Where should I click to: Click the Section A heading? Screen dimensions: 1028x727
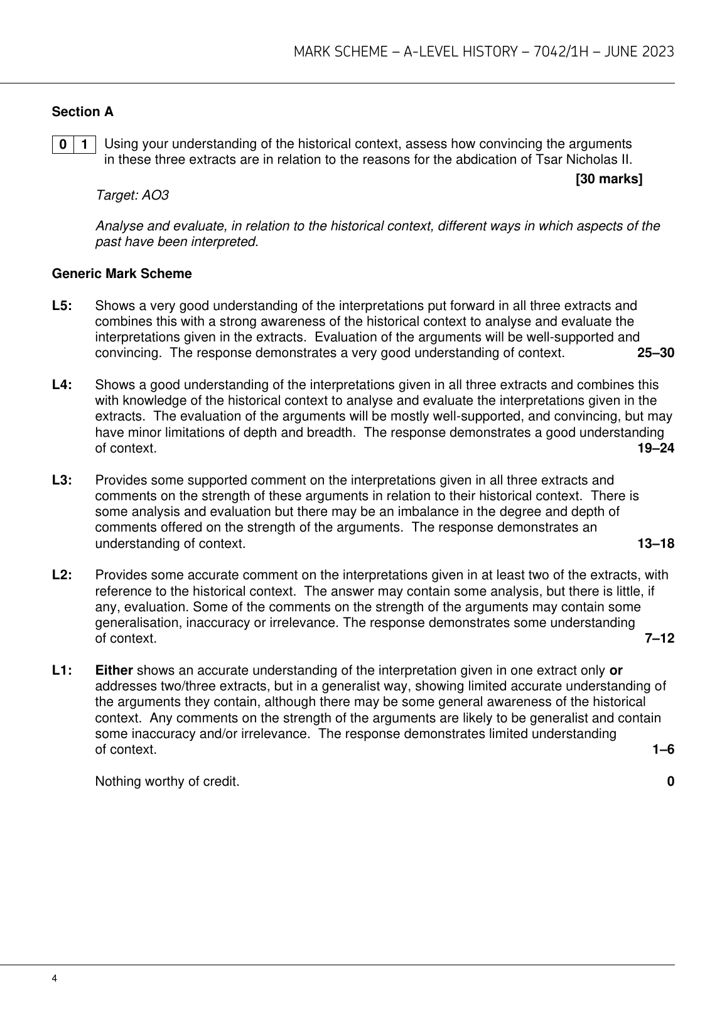pos(82,112)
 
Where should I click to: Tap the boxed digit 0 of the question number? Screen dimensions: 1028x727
pos(63,144)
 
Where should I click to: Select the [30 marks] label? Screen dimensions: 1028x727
pos(608,179)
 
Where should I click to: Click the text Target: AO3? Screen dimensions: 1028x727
pos(132,195)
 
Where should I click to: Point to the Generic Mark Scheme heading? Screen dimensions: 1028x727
pos(122,274)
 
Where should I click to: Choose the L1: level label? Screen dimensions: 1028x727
pos(62,670)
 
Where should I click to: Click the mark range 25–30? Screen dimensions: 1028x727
pos(655,353)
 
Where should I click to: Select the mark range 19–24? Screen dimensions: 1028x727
pos(655,448)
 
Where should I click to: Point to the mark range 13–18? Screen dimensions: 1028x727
pos(655,543)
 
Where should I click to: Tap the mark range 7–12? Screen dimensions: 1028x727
pos(659,638)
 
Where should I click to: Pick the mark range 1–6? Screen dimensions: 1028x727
pos(663,749)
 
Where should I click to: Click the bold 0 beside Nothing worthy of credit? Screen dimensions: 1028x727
pos(670,781)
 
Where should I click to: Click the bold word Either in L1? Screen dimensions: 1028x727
pos(114,670)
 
